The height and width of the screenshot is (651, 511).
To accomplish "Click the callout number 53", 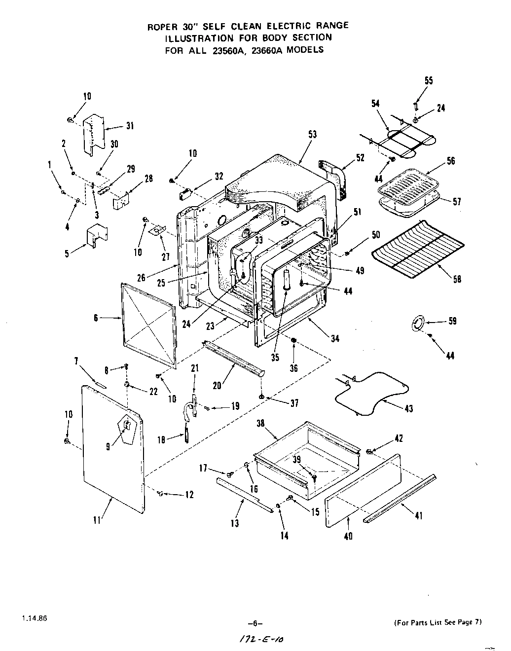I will (312, 134).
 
